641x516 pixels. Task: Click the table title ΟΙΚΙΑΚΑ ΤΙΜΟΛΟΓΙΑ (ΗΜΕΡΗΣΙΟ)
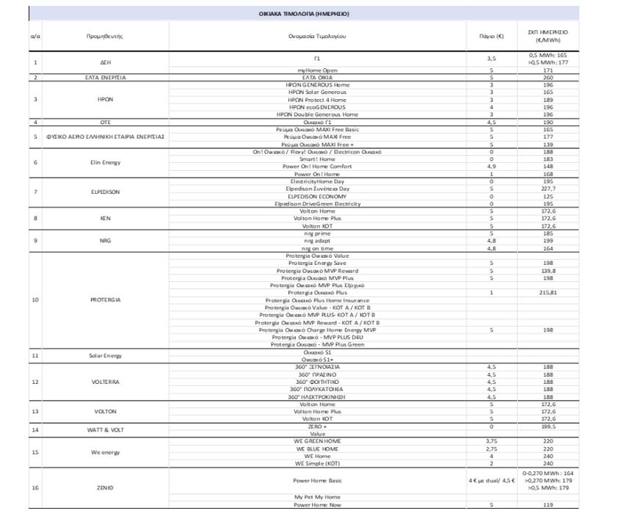[x=304, y=14]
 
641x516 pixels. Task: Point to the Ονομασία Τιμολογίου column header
[x=317, y=36]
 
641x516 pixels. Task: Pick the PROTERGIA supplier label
[x=105, y=299]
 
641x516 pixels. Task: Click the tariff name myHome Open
[x=317, y=70]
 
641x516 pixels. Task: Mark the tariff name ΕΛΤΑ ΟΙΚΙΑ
[x=317, y=77]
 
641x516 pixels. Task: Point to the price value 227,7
[x=548, y=189]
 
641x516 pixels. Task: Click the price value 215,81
[x=548, y=292]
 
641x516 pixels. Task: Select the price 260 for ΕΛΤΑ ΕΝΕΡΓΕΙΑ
[x=548, y=77]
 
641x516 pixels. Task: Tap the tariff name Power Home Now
[x=317, y=505]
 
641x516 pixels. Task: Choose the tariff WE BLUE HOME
[x=317, y=448]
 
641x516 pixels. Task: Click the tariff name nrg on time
[x=317, y=248]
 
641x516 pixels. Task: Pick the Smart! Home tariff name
[x=317, y=159]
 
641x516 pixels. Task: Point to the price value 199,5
[x=548, y=426]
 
